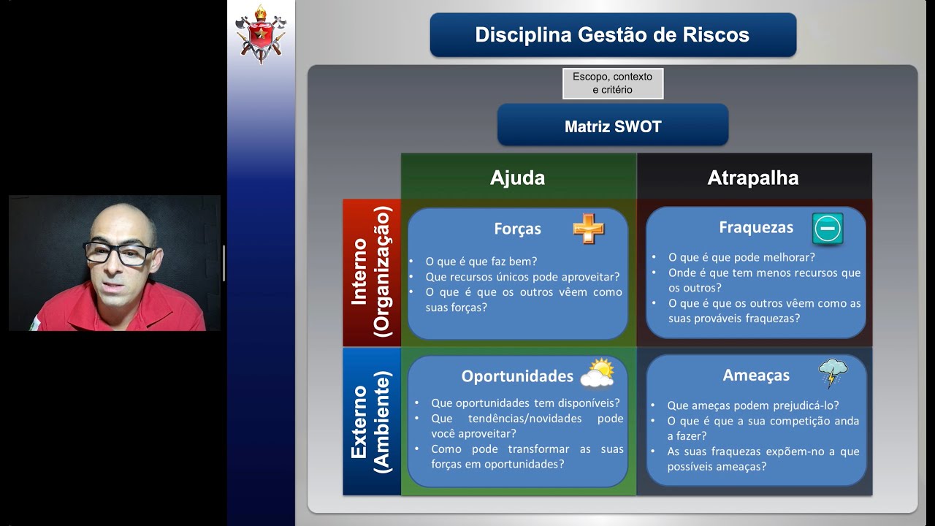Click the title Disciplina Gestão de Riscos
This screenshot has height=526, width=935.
[612, 35]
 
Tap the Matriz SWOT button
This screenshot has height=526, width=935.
[612, 126]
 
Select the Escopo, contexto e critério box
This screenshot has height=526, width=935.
[612, 83]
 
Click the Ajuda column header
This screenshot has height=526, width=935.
[517, 178]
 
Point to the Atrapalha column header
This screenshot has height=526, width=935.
[752, 178]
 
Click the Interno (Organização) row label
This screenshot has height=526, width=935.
[372, 272]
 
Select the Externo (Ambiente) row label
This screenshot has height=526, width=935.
[372, 421]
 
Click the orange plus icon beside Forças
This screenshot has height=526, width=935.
[589, 229]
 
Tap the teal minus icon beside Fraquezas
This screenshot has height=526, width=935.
[828, 229]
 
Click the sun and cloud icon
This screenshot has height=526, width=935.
[598, 373]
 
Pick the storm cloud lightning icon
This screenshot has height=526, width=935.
[833, 373]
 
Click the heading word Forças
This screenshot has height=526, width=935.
[517, 229]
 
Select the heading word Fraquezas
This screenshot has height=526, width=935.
[755, 227]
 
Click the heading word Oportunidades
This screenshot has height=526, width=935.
[517, 376]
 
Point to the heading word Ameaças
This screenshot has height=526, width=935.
[756, 375]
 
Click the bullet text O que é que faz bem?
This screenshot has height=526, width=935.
[481, 262]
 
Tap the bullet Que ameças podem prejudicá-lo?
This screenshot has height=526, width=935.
[752, 405]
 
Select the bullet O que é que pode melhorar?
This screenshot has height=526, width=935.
[741, 257]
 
